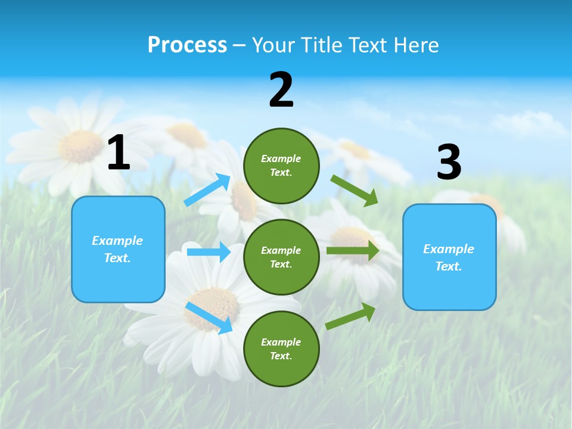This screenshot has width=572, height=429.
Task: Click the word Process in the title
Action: click(187, 45)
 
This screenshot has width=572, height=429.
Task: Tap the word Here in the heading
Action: click(413, 45)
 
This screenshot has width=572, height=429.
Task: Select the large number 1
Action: click(119, 153)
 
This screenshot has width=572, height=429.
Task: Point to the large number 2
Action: click(281, 91)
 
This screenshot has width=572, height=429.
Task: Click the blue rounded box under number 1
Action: click(118, 249)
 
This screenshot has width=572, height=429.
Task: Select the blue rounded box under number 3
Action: click(449, 257)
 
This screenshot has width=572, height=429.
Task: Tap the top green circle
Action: click(281, 166)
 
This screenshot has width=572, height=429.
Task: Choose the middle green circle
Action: click(281, 257)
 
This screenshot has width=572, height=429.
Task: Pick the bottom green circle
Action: click(281, 349)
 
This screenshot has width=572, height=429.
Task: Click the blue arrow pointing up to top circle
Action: click(207, 189)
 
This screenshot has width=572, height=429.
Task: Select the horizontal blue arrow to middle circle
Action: click(209, 252)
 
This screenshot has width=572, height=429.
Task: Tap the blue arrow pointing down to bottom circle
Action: click(209, 318)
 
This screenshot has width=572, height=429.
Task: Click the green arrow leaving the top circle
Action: click(355, 190)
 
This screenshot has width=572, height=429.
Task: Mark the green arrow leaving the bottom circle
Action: click(351, 316)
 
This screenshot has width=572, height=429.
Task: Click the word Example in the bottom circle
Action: click(281, 342)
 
